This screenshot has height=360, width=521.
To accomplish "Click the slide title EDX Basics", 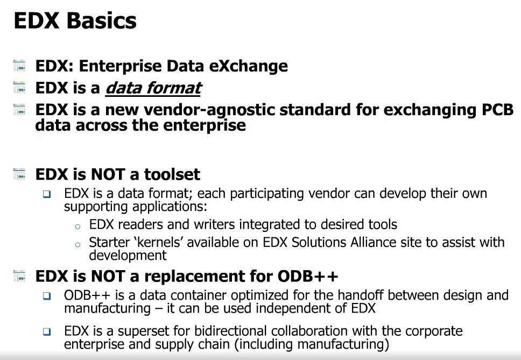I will click(75, 21).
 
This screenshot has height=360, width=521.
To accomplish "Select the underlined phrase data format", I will click(153, 88).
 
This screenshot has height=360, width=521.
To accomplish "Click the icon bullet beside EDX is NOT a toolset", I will click(19, 175).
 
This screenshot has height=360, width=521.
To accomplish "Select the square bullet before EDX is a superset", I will click(47, 332).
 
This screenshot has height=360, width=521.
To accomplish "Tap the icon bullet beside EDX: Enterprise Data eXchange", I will click(19, 67).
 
